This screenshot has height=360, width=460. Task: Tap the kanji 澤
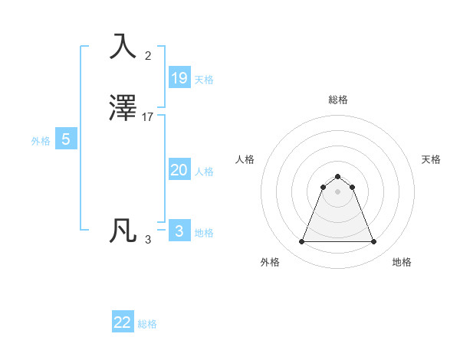pos(124,108)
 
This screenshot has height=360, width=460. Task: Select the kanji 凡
pos(124,231)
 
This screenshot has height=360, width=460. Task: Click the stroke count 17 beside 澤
pos(148,117)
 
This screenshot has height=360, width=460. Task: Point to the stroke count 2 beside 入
pos(148,55)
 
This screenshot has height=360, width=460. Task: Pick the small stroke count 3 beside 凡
pos(148,240)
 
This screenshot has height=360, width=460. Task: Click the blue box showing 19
pos(179,77)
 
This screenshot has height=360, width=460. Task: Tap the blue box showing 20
pos(179,170)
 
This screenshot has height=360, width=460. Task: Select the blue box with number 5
pos(66,139)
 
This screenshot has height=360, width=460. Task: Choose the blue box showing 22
pos(123,322)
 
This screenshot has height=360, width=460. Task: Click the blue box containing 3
pos(179,231)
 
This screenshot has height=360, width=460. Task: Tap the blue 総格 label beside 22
pos(147,324)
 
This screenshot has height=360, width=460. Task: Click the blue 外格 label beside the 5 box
pos(40,141)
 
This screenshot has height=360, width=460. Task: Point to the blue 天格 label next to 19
pos(204,80)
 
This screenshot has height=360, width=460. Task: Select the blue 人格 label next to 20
pos(204,172)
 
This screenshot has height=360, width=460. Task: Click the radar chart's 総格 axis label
pos(337,100)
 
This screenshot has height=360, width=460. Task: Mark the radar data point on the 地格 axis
pos(373,242)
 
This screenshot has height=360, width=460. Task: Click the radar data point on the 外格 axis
pos(301,242)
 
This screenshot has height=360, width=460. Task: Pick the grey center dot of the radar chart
pos(337,191)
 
